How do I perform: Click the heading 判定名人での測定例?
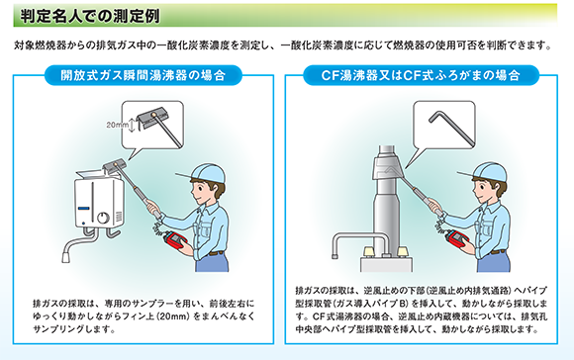90,16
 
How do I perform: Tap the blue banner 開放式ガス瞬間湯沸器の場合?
143,75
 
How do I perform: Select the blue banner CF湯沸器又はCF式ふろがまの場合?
421,75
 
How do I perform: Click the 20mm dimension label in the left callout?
117,125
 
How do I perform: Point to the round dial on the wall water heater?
103,218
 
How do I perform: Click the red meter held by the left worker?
176,241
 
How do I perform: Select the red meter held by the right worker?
457,240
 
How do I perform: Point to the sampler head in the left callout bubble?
153,117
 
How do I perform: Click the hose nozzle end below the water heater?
66,257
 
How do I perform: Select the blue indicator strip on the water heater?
84,208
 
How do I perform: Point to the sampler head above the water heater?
115,166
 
